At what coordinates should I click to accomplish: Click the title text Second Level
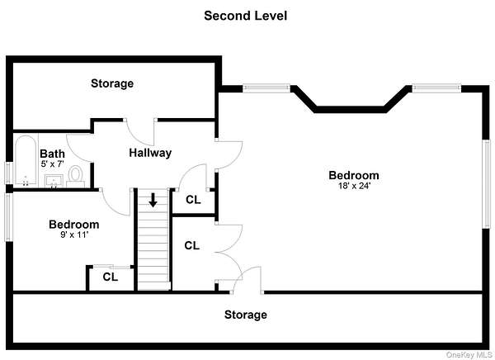(x=246, y=15)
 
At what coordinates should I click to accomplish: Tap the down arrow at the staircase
(x=153, y=200)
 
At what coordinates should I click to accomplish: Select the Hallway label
(x=150, y=153)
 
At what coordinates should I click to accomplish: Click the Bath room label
(x=52, y=154)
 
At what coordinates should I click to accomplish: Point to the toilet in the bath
(x=75, y=174)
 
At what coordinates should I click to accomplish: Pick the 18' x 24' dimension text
(x=354, y=186)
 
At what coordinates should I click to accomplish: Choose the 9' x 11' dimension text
(x=73, y=235)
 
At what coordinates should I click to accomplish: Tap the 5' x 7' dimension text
(x=52, y=164)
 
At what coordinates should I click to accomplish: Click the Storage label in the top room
(x=112, y=83)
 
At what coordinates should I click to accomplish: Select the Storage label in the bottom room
(x=246, y=315)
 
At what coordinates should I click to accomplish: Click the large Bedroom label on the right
(x=354, y=175)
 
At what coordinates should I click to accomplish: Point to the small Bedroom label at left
(x=73, y=225)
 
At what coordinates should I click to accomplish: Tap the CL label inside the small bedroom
(x=110, y=277)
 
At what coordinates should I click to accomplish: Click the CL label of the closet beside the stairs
(x=191, y=245)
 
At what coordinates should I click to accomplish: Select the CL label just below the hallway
(x=192, y=200)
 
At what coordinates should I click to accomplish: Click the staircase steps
(x=153, y=248)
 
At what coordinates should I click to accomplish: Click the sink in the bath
(x=54, y=180)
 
